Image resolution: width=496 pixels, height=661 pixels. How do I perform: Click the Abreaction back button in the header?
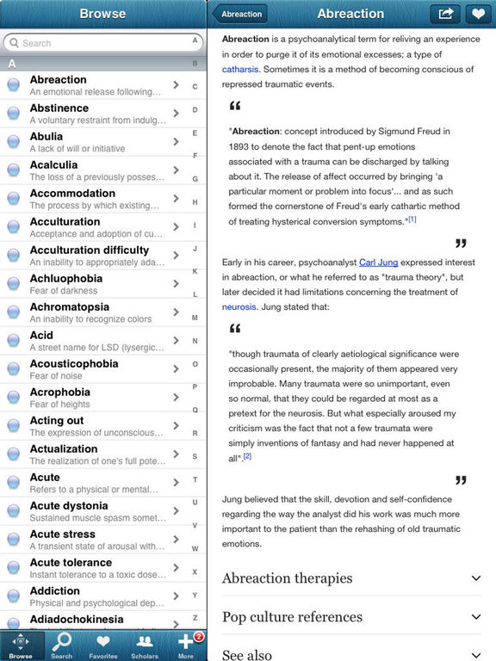pyautogui.click(x=240, y=14)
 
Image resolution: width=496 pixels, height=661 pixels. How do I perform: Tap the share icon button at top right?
pyautogui.click(x=445, y=14)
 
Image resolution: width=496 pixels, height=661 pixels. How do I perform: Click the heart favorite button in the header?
pyautogui.click(x=475, y=14)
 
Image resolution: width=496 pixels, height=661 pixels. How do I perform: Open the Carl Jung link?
pyautogui.click(x=378, y=262)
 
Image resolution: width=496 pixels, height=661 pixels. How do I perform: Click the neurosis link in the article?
pyautogui.click(x=239, y=306)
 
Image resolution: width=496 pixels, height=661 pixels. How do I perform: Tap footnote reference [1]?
pyautogui.click(x=412, y=219)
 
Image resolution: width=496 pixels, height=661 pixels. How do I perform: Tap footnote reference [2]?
pyautogui.click(x=247, y=456)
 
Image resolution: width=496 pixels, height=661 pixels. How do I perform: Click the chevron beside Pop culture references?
pyautogui.click(x=475, y=616)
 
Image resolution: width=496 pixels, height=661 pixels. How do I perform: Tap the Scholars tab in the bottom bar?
pyautogui.click(x=145, y=645)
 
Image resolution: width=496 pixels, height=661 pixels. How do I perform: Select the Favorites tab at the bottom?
pyautogui.click(x=103, y=645)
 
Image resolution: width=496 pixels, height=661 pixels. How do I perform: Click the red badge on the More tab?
pyautogui.click(x=198, y=637)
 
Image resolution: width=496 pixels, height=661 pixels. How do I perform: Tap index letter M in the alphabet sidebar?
pyautogui.click(x=195, y=318)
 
